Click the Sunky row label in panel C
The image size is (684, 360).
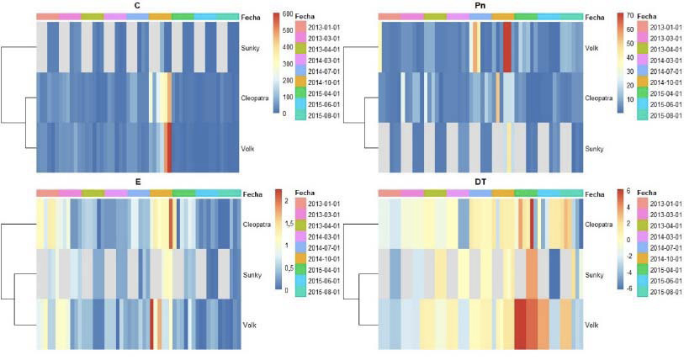pos(250,47)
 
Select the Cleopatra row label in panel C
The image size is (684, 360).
pos(257,98)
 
